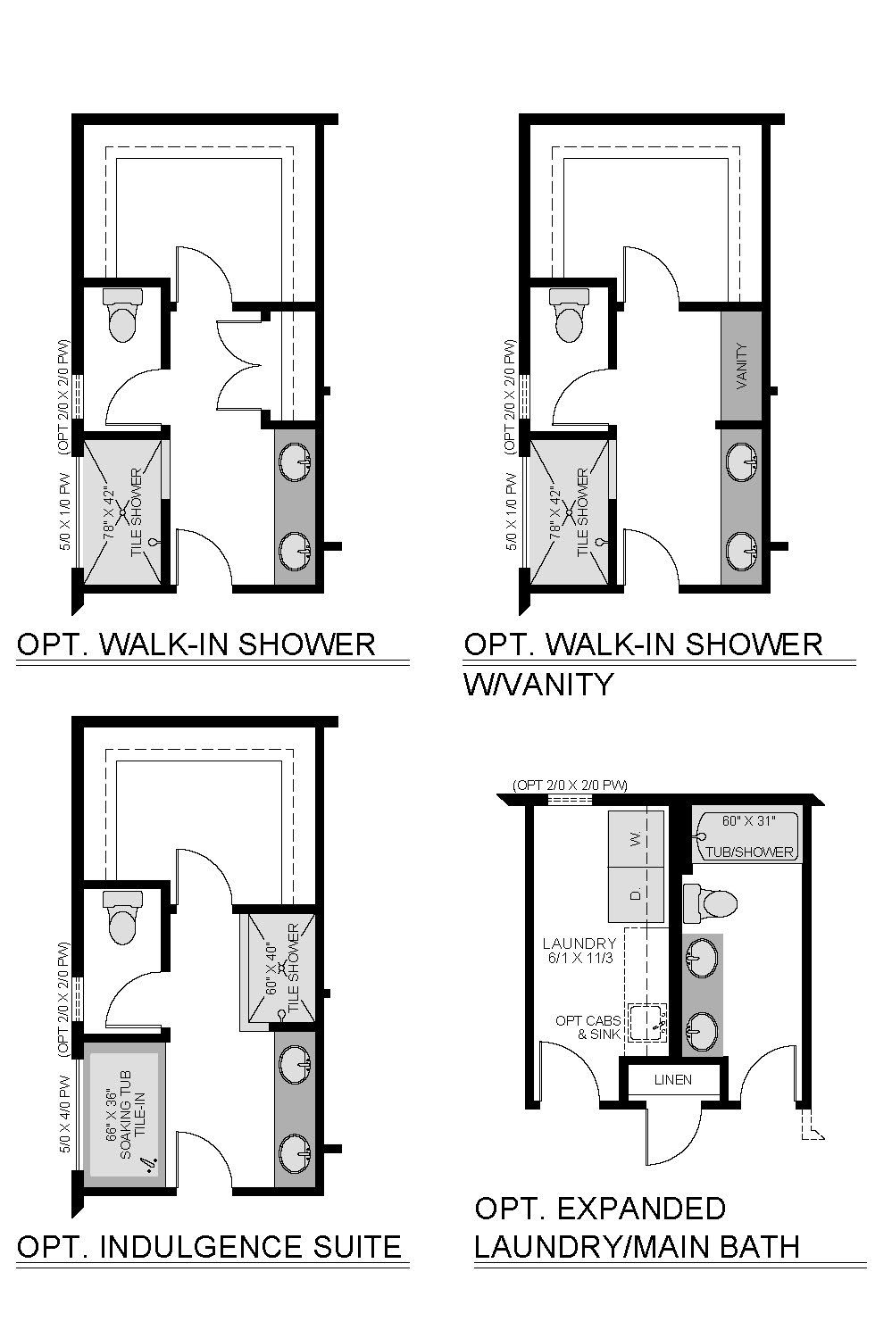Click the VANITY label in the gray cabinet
click(742, 366)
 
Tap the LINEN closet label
click(673, 1079)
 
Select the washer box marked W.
click(636, 839)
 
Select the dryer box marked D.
click(636, 894)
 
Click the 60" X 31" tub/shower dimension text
click(749, 821)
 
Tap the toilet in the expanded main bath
click(710, 903)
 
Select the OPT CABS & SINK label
click(588, 1027)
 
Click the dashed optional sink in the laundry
click(647, 1023)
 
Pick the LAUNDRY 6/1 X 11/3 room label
click(579, 950)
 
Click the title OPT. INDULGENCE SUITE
click(208, 1246)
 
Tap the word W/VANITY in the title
click(538, 684)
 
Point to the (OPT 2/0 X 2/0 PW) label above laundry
click(571, 785)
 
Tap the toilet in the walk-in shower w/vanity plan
click(570, 315)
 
